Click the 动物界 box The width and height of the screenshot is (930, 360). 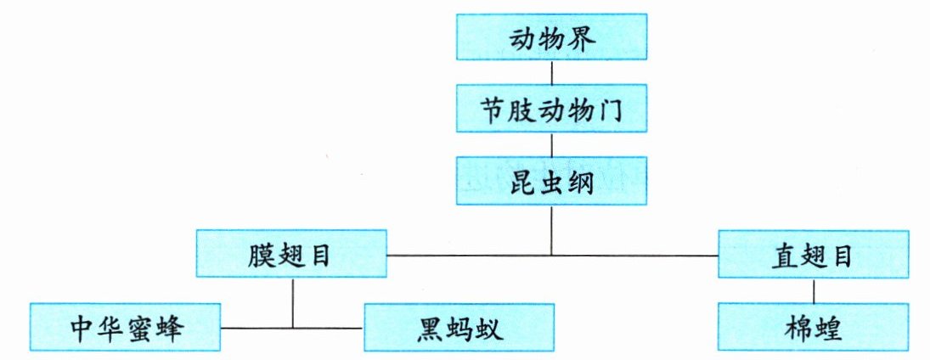(552, 37)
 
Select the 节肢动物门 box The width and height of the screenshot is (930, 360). (552, 109)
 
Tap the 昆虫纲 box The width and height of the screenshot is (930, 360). (552, 181)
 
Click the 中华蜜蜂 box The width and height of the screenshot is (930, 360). (125, 327)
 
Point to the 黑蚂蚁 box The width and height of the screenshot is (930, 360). (459, 327)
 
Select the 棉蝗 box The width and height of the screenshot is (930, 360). (814, 327)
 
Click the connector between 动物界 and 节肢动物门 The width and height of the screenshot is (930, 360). (552, 72)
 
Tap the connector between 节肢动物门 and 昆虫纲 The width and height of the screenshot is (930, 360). (552, 144)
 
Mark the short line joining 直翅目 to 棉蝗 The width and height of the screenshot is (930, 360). (814, 290)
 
